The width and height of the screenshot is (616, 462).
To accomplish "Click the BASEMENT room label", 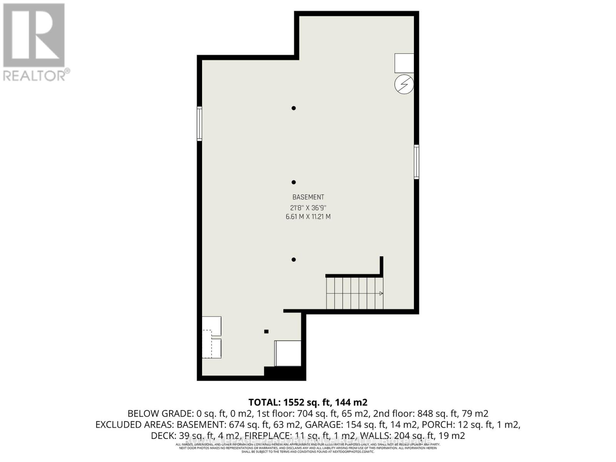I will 308,197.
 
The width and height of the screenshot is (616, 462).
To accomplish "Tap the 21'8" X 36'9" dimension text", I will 308,208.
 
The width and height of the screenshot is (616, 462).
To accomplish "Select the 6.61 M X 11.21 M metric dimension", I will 308,217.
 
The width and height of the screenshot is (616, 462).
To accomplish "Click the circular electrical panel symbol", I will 404,84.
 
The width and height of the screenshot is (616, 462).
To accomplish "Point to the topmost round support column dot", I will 294,108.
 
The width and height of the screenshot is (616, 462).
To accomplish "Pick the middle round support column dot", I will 294,182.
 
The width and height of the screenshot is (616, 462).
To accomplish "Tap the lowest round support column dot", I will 294,259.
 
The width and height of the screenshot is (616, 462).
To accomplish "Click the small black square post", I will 266,331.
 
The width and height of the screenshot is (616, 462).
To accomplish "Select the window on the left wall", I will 199,123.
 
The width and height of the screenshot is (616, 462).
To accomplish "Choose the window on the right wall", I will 417,162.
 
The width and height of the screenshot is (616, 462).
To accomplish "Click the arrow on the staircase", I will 381,293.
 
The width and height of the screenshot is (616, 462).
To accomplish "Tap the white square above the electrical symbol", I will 404,63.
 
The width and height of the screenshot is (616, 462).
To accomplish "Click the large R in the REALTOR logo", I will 34,35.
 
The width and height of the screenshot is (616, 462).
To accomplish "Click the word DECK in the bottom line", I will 162,436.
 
